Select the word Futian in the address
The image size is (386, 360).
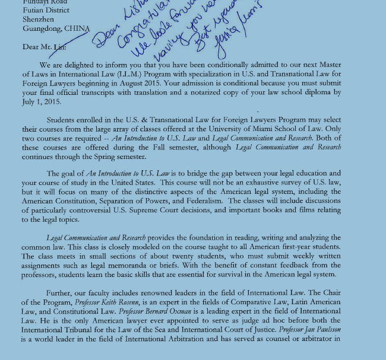[x=34, y=9]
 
